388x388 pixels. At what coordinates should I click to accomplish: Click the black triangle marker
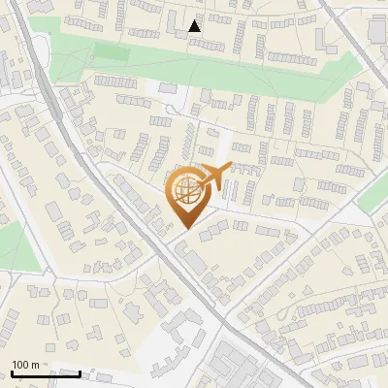click(x=195, y=26)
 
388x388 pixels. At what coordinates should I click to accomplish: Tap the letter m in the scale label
click(x=36, y=364)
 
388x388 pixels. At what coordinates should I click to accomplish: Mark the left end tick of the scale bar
click(x=12, y=372)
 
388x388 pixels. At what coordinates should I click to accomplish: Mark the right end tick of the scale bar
click(x=80, y=372)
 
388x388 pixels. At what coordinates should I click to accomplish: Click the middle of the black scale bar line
click(x=46, y=372)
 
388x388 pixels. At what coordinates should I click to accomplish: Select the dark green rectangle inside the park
click(x=111, y=51)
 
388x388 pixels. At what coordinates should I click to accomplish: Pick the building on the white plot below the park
click(x=168, y=88)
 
